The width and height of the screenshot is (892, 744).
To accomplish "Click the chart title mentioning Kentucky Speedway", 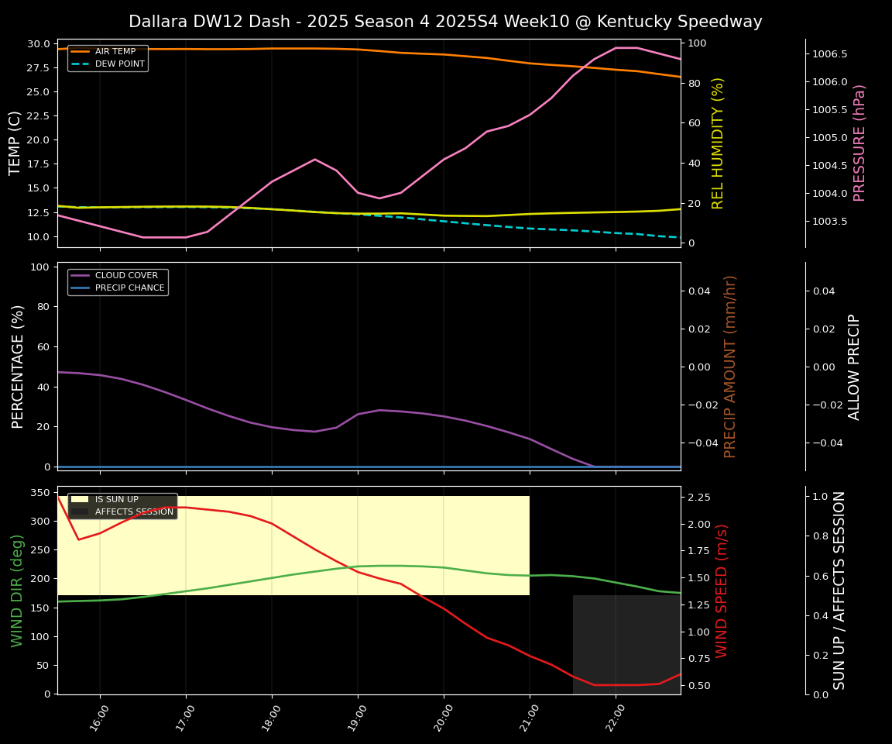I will point(445,22).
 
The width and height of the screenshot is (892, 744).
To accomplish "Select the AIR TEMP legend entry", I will point(115,52).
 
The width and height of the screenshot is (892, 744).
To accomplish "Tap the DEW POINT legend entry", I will point(119,64).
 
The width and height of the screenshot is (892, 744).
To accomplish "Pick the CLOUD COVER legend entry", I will point(125,276).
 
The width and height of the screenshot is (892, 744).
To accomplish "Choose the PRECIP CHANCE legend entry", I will point(129,288).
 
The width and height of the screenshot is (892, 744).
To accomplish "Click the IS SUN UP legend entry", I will point(116,500).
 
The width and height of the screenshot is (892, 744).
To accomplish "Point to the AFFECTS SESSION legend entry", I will point(133,512).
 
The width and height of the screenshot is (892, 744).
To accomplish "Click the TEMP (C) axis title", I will point(15,143).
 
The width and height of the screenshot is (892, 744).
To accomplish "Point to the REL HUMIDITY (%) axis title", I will point(718,143).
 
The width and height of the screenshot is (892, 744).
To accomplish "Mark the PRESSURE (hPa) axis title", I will point(859,143).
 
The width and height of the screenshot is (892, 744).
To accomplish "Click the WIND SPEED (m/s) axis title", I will point(722,591).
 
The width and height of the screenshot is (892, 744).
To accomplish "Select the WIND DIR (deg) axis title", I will point(17,591).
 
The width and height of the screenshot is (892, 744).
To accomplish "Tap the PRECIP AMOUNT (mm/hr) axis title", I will point(730,366).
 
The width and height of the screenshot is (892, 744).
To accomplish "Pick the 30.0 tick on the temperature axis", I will point(37,43).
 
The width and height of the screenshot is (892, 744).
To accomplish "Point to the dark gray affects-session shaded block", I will point(626,644).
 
